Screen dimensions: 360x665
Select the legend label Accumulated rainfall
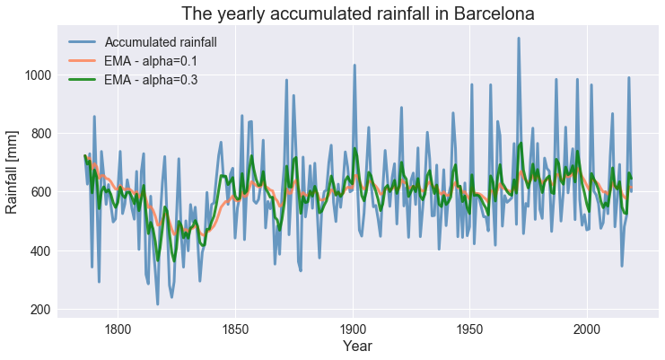point(160,41)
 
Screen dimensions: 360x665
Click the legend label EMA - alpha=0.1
point(151,60)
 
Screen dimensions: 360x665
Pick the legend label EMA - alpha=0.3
point(151,79)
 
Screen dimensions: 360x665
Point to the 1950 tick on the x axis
point(469,328)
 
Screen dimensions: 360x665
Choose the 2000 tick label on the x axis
point(587,328)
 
